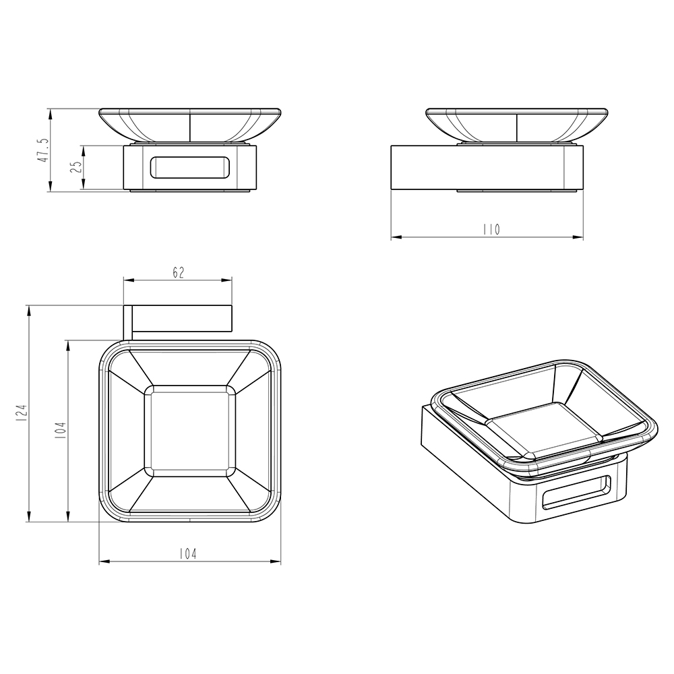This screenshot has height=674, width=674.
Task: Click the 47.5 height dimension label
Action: [x=44, y=150]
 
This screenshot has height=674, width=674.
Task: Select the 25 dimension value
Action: [x=76, y=166]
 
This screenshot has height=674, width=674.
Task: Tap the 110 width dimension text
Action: [x=491, y=230]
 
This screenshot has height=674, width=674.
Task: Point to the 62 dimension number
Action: [x=179, y=272]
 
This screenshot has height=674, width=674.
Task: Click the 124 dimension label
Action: [x=22, y=412]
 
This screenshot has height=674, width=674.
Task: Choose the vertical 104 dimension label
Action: [x=61, y=430]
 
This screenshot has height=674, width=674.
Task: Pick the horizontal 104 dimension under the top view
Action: [x=188, y=554]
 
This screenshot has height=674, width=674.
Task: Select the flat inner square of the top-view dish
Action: [x=190, y=431]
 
